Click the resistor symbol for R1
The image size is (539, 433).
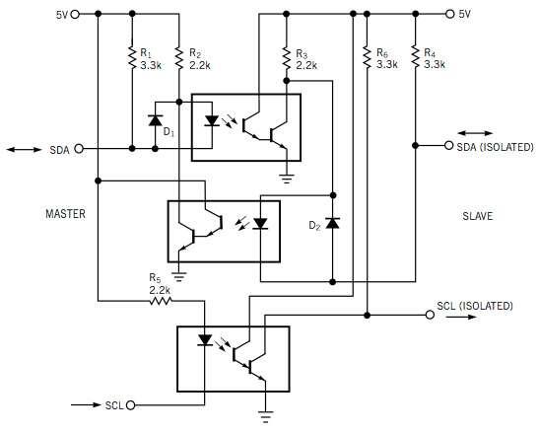pos(132,57)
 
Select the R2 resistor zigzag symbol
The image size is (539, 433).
pos(179,57)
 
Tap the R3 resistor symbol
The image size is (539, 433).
pos(287,57)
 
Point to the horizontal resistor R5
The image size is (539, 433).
pos(161,301)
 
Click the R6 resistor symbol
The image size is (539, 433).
pos(368,57)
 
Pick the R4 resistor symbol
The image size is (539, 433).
pos(415,57)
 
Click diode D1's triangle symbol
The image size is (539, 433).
pos(155,120)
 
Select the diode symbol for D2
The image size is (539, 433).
pos(332,223)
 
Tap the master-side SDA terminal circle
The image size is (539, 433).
pos(79,149)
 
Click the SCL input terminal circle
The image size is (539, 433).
pos(131,405)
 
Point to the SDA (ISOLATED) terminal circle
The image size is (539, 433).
pos(448,145)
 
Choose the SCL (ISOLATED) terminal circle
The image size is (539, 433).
pos(430,315)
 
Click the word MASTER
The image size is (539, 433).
pos(65,214)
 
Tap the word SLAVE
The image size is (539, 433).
pos(478,216)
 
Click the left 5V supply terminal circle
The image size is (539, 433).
pos(75,14)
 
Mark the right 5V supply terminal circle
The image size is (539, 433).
pos(449,14)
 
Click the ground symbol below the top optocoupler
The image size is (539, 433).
pos(287,179)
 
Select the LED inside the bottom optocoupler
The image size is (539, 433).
pos(205,339)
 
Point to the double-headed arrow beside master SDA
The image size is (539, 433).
pos(24,149)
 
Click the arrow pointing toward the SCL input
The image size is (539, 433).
pos(87,404)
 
